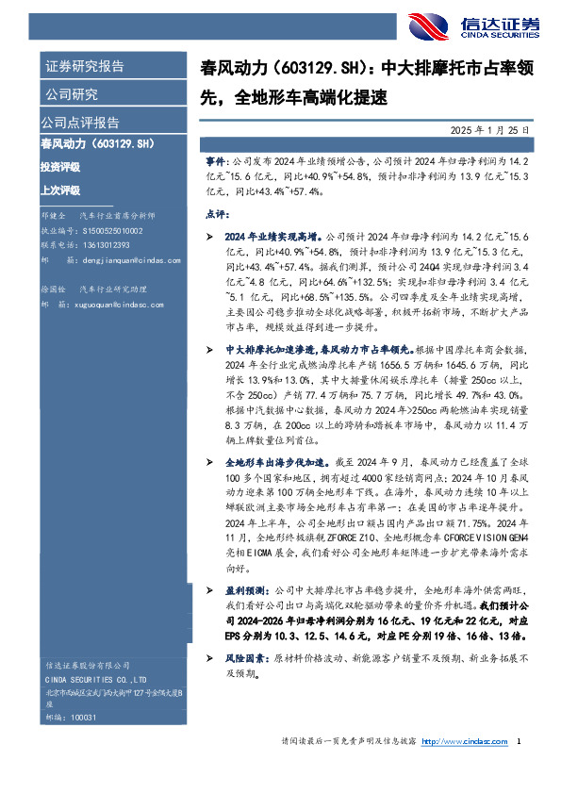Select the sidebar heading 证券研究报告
(x=84, y=67)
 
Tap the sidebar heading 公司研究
(x=71, y=94)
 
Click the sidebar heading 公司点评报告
(x=80, y=123)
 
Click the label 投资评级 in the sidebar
(x=60, y=167)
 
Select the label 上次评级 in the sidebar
(x=60, y=188)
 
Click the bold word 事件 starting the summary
(x=216, y=163)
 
